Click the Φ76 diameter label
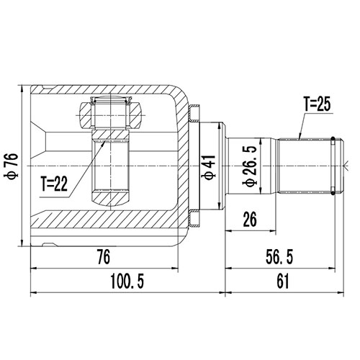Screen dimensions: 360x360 coord(11,164)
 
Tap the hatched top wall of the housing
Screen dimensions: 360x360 coord(108,91)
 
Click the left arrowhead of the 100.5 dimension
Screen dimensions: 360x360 coord(34,293)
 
